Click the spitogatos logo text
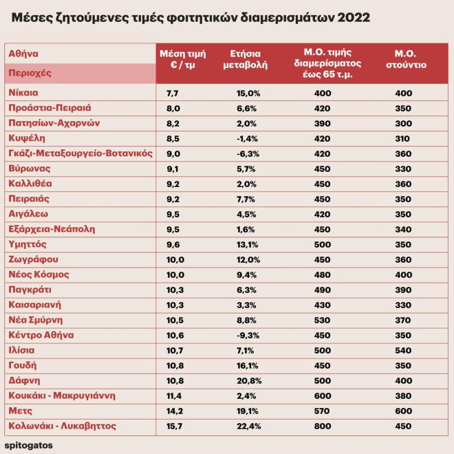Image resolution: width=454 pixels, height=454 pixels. (x=28, y=445)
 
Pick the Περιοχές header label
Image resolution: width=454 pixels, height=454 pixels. (x=30, y=72)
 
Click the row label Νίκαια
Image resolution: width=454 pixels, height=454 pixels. (x=24, y=92)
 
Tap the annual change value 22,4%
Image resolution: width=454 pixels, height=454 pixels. (x=250, y=426)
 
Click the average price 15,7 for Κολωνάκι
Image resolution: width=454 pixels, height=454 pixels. (x=172, y=426)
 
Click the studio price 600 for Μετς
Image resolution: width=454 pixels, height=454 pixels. (x=402, y=411)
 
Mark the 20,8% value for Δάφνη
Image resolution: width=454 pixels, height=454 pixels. (x=250, y=380)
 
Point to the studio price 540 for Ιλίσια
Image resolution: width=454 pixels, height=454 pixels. (x=402, y=350)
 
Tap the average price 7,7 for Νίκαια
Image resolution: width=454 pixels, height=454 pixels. (x=172, y=92)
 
